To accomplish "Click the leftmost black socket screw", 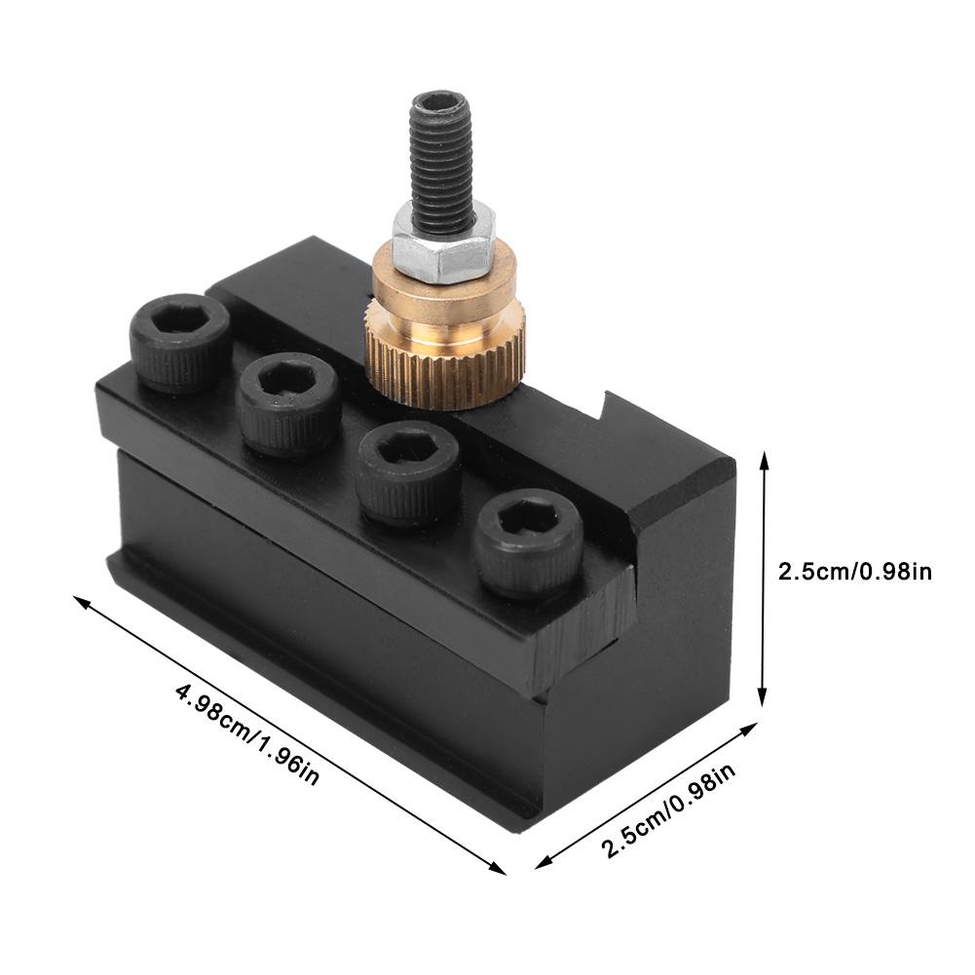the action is tap(179, 342).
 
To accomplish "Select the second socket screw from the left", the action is tap(289, 404).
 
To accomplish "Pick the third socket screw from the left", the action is tap(407, 472).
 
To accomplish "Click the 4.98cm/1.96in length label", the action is tap(247, 733).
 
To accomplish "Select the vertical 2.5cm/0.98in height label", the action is tap(855, 571).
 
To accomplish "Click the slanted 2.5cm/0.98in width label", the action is tap(669, 810).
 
